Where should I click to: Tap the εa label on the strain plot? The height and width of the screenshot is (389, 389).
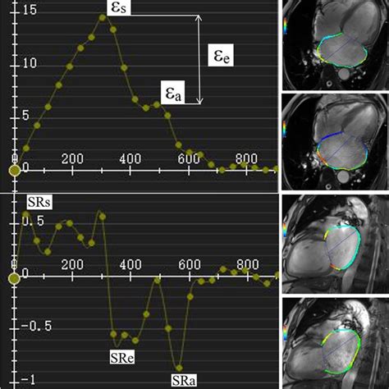pos(173,96)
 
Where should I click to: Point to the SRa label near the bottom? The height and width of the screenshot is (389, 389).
pos(182,379)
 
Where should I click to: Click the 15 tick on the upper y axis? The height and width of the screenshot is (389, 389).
pos(7,11)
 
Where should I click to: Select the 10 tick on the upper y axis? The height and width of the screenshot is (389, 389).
pos(7,62)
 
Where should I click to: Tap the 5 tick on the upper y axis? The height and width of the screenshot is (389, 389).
pos(7,114)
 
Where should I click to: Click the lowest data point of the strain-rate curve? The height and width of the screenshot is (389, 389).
pos(179,367)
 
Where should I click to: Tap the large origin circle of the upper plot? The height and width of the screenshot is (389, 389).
pos(13,171)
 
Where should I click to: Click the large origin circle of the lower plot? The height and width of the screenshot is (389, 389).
pos(13,276)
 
